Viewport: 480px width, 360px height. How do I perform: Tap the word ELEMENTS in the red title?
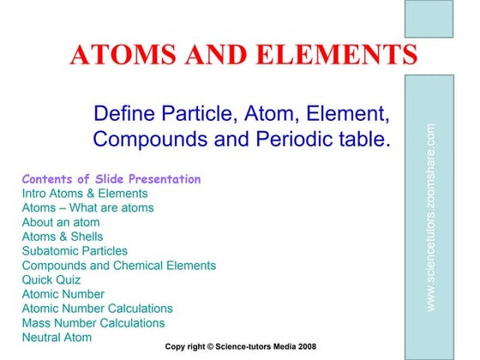click(335, 56)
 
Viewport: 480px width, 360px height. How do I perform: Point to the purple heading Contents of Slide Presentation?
click(111, 179)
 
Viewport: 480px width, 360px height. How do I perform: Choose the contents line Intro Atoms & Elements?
click(85, 194)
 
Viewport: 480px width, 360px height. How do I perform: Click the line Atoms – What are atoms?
click(87, 207)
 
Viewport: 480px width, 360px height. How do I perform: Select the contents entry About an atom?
click(61, 222)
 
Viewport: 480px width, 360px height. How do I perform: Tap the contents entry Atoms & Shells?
click(63, 237)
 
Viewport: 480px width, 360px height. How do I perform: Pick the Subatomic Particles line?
click(75, 251)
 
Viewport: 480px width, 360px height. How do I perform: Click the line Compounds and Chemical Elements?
click(119, 266)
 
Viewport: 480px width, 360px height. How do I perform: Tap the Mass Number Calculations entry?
click(93, 323)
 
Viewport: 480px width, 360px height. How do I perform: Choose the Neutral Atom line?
click(57, 337)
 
